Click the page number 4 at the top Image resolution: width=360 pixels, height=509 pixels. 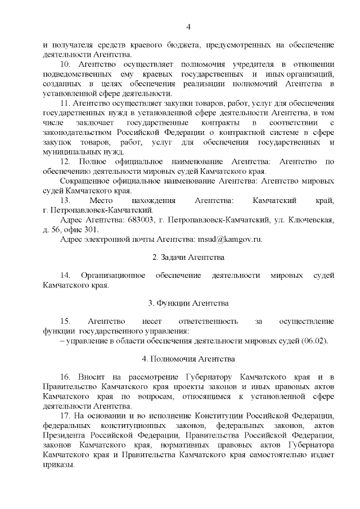click(188, 26)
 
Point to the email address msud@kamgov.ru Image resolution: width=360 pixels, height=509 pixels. click(230, 238)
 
